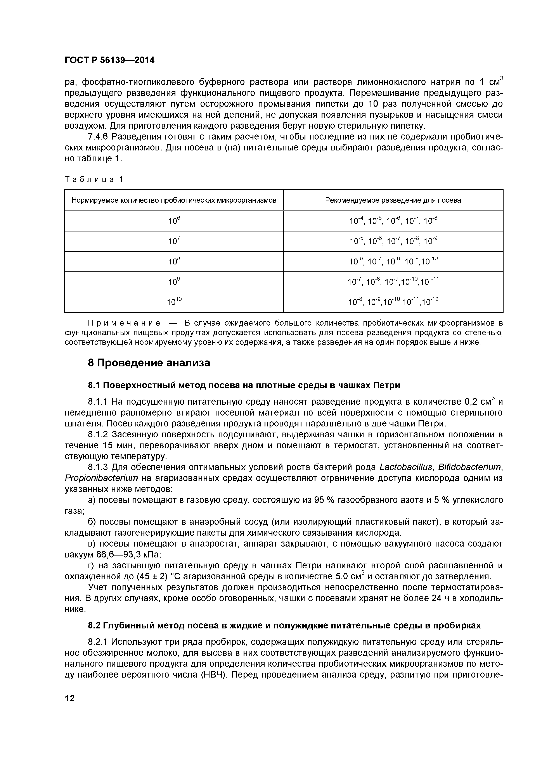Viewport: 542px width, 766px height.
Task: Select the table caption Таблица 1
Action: tap(94, 180)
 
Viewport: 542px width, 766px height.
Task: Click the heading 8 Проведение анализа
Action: tap(149, 363)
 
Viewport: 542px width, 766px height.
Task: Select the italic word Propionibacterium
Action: tap(101, 478)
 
